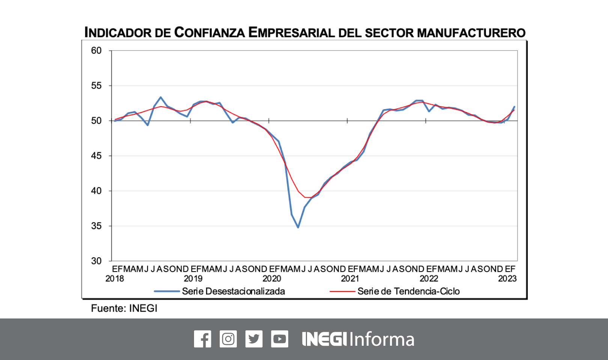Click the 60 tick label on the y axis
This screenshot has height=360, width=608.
coord(96,51)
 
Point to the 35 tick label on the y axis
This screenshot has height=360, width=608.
coord(96,226)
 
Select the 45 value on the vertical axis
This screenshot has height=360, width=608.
coord(96,156)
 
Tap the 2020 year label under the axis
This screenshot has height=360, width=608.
coord(272,279)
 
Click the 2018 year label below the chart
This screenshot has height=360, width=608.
coord(114,279)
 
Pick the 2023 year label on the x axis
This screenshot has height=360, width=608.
coord(507,279)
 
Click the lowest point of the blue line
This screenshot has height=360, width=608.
coord(298,227)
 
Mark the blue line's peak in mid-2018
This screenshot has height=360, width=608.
coord(161,97)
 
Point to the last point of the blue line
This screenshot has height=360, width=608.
coord(514,107)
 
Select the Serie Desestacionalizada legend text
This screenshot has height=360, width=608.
coord(233,291)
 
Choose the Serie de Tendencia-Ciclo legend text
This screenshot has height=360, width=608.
coord(408,291)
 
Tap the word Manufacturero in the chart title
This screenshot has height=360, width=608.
coord(471,33)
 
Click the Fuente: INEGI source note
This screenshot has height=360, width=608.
coord(124,308)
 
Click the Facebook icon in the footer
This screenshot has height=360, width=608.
coord(202,339)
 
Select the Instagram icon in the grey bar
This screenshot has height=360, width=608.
coord(228,339)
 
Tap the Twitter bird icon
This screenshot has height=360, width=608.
coord(254,339)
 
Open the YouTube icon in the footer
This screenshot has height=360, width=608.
coord(280,339)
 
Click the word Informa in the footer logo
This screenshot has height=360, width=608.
coord(382,339)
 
